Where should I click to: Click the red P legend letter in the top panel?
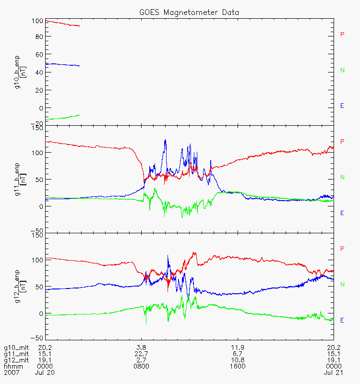click(x=342, y=34)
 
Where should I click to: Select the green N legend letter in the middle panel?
click(x=342, y=177)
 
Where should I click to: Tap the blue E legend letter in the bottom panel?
click(x=342, y=320)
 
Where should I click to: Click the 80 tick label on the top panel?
click(x=37, y=36)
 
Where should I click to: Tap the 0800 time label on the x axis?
click(x=141, y=366)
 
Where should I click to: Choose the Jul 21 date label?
click(x=333, y=372)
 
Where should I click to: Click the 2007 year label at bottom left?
click(x=11, y=372)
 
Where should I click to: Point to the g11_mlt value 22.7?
click(x=141, y=354)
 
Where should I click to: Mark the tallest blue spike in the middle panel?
click(x=165, y=140)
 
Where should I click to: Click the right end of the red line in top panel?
click(x=79, y=26)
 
